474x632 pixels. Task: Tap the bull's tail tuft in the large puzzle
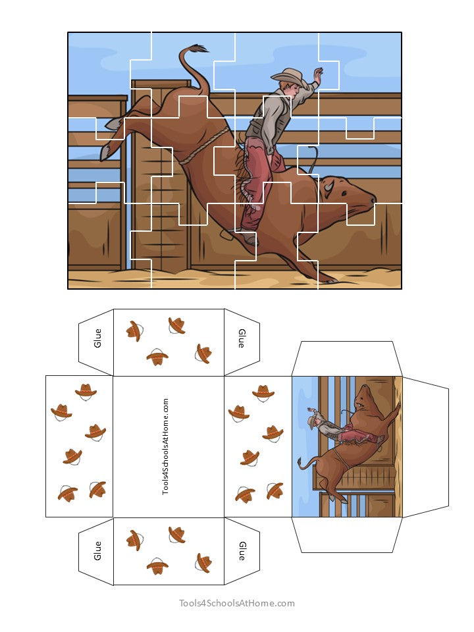(197, 48)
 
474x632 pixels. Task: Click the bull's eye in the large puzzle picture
(348, 190)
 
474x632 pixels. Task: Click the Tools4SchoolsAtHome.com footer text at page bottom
(237, 603)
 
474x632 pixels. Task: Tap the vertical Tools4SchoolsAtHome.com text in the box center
(165, 446)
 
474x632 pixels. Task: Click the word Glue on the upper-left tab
(98, 338)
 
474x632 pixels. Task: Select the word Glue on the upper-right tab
(242, 338)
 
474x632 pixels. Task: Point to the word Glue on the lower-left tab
(98, 551)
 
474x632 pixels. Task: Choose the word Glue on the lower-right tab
(242, 551)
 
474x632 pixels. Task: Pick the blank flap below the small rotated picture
(346, 535)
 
